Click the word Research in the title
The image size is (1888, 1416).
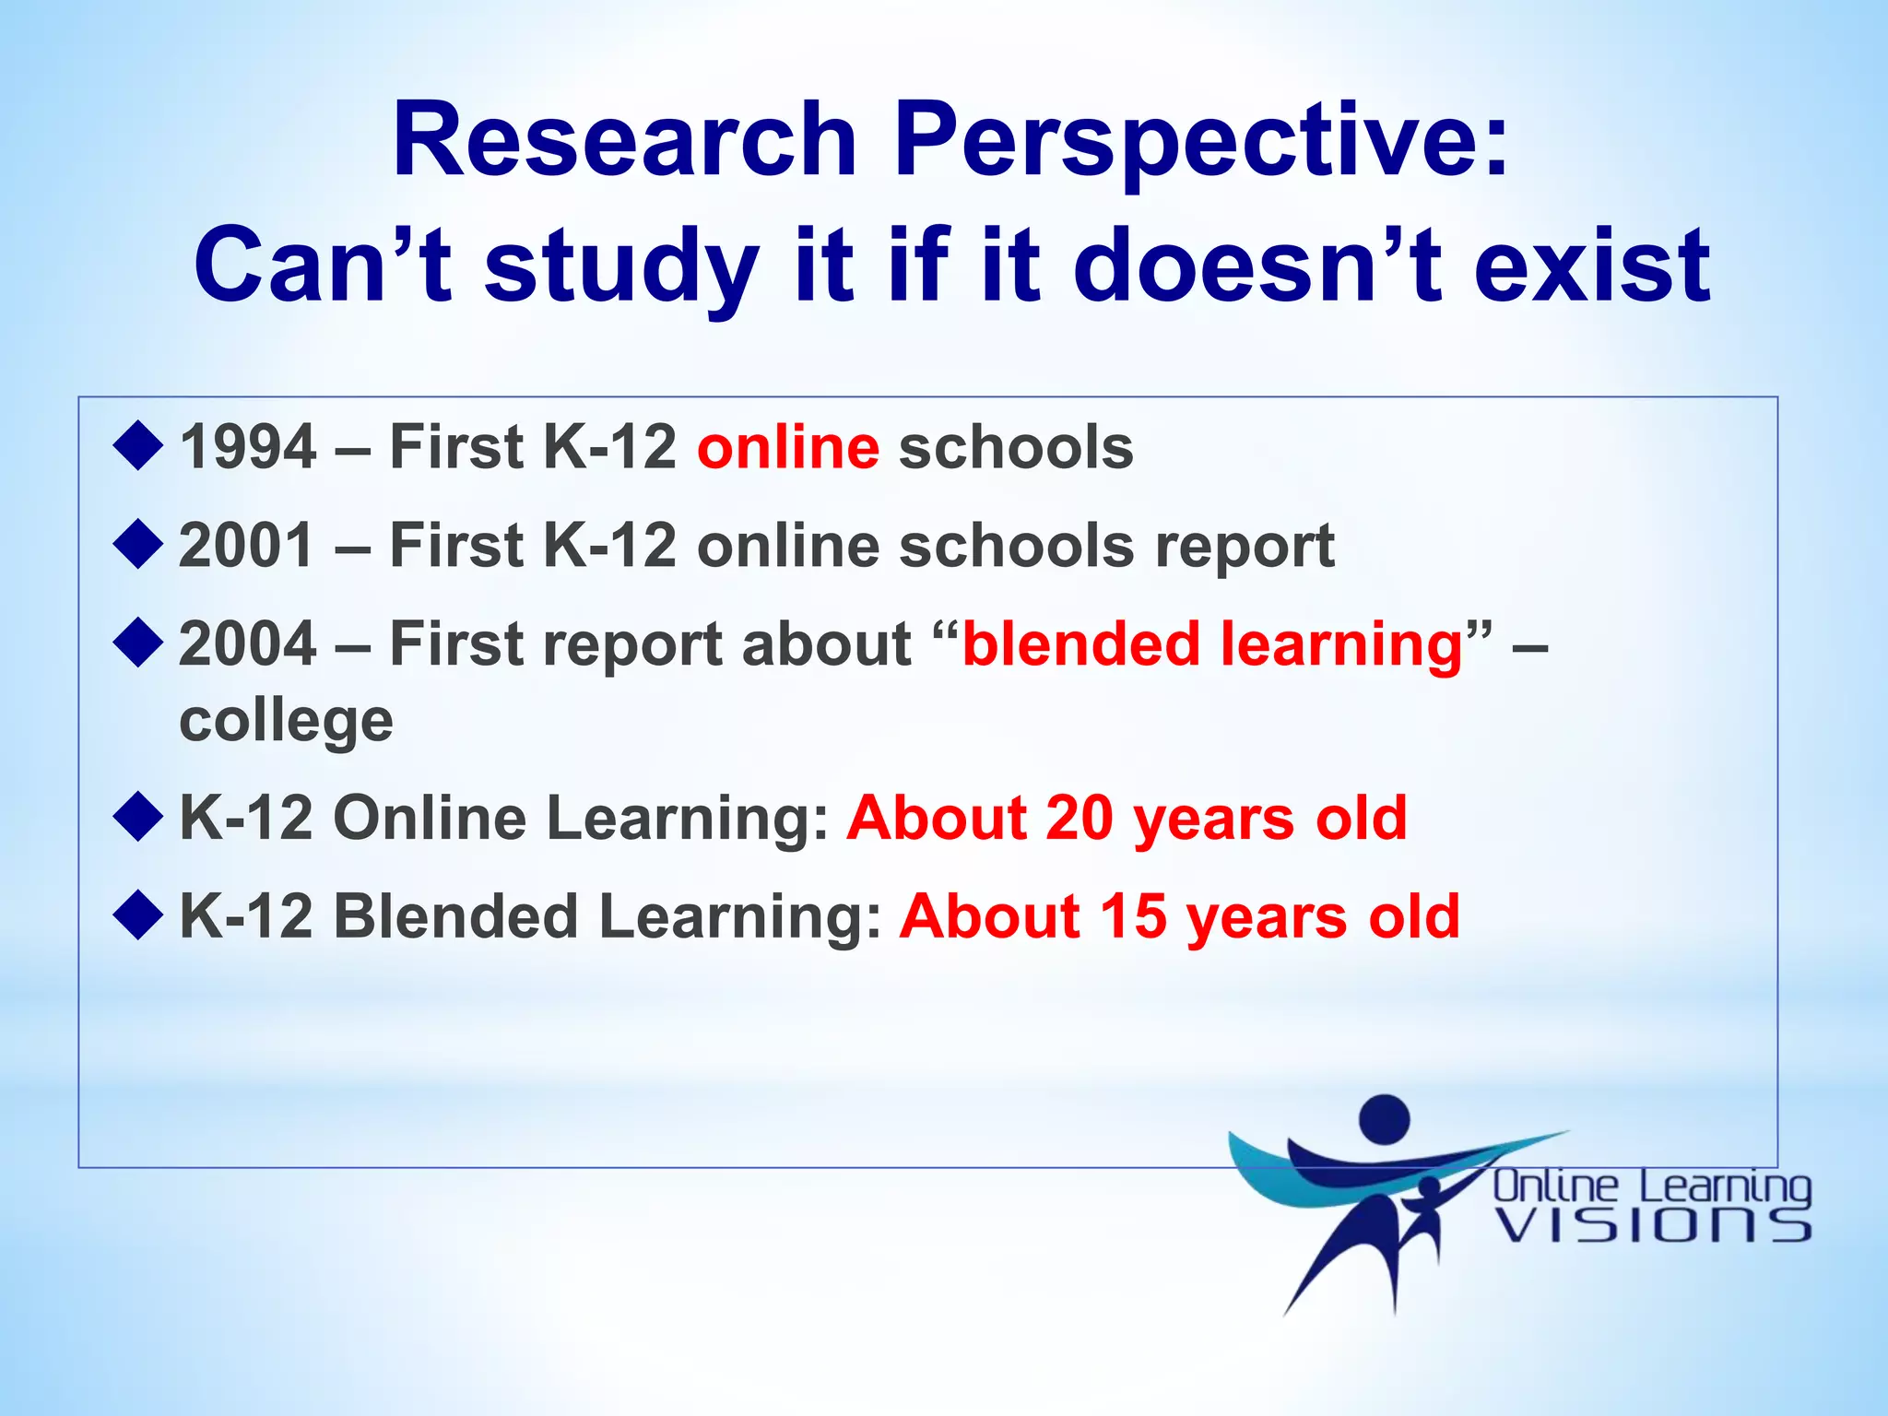(624, 140)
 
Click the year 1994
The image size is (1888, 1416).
(248, 448)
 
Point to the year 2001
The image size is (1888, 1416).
(248, 546)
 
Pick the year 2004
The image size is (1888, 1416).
(248, 643)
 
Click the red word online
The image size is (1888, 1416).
(788, 448)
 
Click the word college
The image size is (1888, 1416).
(286, 721)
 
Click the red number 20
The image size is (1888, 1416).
(1080, 819)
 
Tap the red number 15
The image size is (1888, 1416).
(1133, 917)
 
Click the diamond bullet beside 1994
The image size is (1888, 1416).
(138, 445)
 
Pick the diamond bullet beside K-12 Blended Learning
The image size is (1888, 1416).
(138, 914)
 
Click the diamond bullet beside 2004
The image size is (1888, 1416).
(138, 642)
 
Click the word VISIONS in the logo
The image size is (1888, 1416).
(1652, 1225)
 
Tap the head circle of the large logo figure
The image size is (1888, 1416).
(1385, 1118)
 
